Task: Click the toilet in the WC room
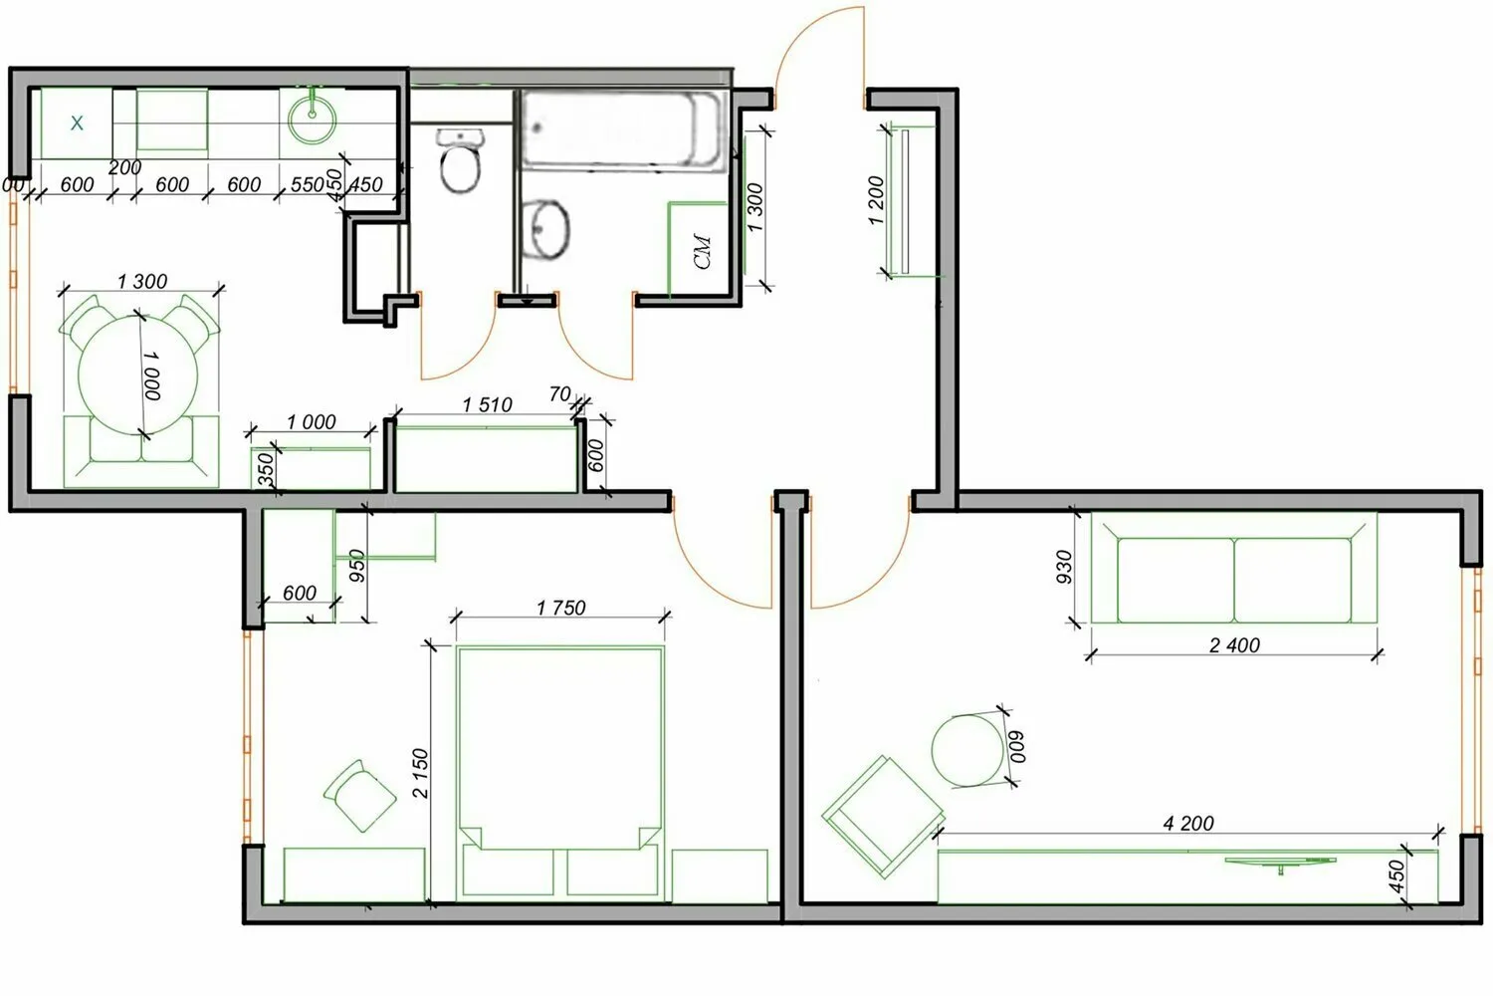(460, 161)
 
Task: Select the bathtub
(621, 129)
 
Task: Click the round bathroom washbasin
(544, 228)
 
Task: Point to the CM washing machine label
(704, 251)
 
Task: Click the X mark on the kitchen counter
(77, 124)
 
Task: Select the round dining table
(139, 373)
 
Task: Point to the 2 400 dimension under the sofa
(1234, 645)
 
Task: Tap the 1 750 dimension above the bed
(560, 608)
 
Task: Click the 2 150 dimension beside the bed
(420, 774)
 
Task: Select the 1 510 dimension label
(487, 405)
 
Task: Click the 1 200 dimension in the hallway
(875, 200)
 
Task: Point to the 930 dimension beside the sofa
(1064, 568)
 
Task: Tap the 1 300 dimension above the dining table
(142, 282)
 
